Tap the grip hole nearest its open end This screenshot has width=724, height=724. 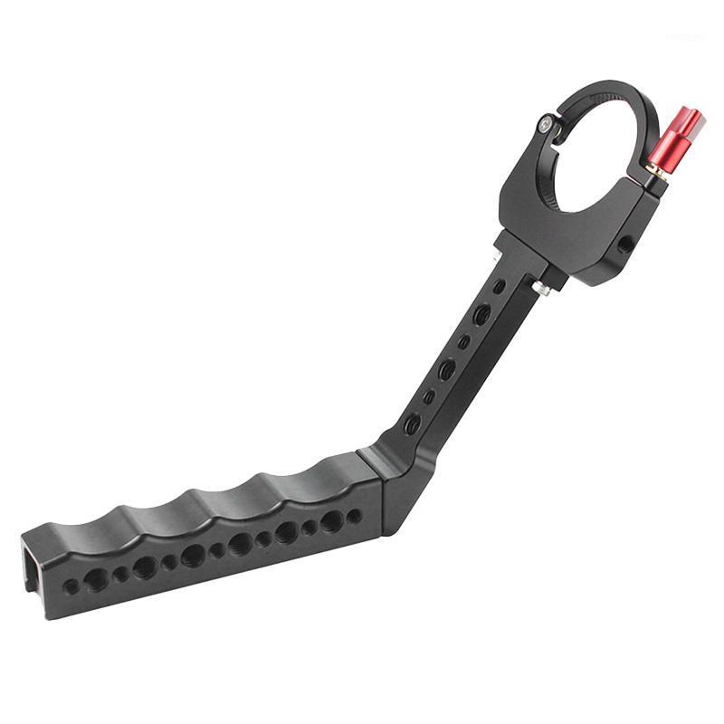(70, 587)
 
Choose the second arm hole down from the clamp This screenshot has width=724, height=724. (483, 313)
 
